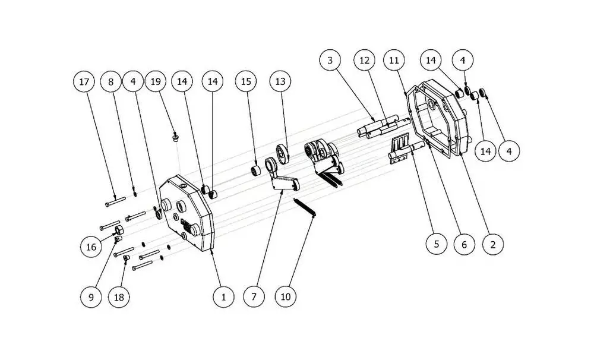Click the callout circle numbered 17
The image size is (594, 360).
[x=84, y=81]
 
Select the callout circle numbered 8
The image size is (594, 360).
[x=111, y=81]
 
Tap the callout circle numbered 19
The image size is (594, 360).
[x=156, y=81]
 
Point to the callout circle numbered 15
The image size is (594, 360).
[x=247, y=81]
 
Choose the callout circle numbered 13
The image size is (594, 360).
[x=280, y=81]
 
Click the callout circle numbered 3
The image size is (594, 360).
[x=330, y=60]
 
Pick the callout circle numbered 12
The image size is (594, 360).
[x=365, y=60]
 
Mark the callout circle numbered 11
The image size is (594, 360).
[x=394, y=60]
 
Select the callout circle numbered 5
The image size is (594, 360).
[x=437, y=244]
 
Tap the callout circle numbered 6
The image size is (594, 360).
[x=465, y=244]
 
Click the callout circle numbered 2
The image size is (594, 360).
[x=493, y=244]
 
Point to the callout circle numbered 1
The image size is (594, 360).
[x=223, y=296]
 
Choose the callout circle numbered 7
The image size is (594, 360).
[x=254, y=296]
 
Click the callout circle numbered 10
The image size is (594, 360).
[x=286, y=296]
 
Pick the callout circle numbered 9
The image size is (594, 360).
[x=91, y=296]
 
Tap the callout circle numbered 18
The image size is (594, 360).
[x=119, y=296]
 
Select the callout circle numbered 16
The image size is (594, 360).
[x=91, y=247]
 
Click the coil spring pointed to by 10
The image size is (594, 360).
[x=305, y=208]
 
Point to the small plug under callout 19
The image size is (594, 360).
[x=175, y=137]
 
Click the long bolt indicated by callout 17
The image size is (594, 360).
[x=115, y=202]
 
